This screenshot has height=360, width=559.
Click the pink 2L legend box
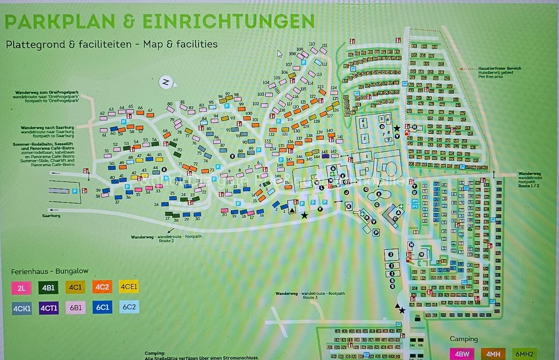[x=21, y=288]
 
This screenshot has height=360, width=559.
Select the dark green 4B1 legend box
[x=48, y=288]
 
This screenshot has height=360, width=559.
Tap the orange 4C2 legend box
[x=102, y=287]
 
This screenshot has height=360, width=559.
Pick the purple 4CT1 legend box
[x=49, y=308]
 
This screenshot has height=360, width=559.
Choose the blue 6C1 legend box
[x=102, y=307]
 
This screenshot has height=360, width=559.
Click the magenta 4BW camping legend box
[x=462, y=354]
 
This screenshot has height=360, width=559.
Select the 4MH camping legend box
[x=493, y=354]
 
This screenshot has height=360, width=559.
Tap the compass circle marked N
[x=166, y=82]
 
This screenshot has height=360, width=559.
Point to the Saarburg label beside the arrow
[x=51, y=216]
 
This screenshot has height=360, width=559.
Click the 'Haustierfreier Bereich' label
[x=499, y=69]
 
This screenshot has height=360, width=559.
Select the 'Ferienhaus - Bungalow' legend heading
[x=50, y=271]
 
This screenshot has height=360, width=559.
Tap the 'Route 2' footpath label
[x=166, y=241]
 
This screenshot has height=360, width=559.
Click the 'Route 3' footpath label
[x=310, y=297]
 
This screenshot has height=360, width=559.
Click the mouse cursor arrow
[x=279, y=54]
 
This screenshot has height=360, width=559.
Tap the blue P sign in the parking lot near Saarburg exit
[x=74, y=191]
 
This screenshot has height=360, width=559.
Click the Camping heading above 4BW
[x=463, y=339]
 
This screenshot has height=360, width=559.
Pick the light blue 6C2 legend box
[x=129, y=307]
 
